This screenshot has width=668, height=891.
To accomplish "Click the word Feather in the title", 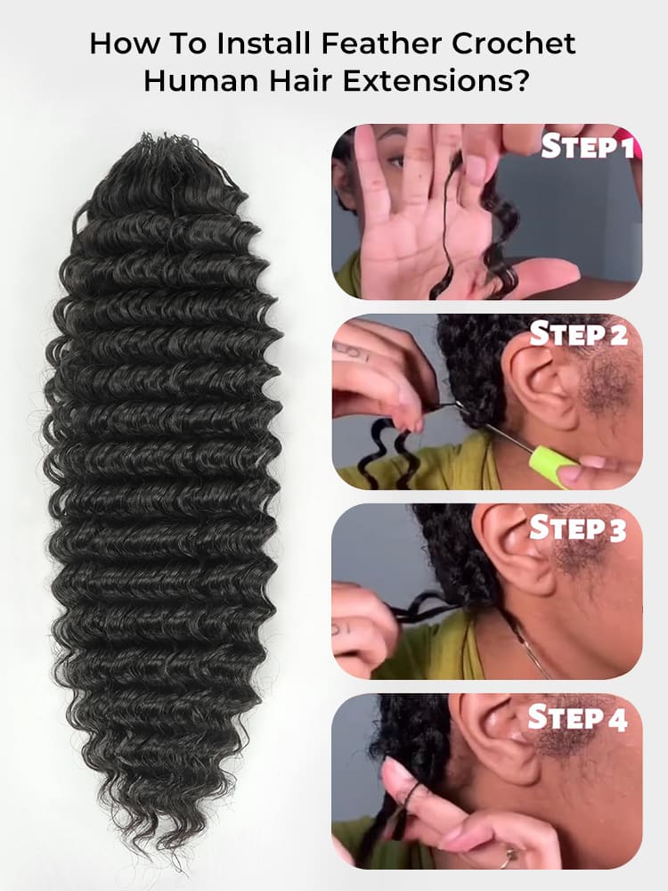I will point(384,44).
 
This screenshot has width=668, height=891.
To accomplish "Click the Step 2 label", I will point(579,334).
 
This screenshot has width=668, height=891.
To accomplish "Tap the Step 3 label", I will point(579,528).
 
